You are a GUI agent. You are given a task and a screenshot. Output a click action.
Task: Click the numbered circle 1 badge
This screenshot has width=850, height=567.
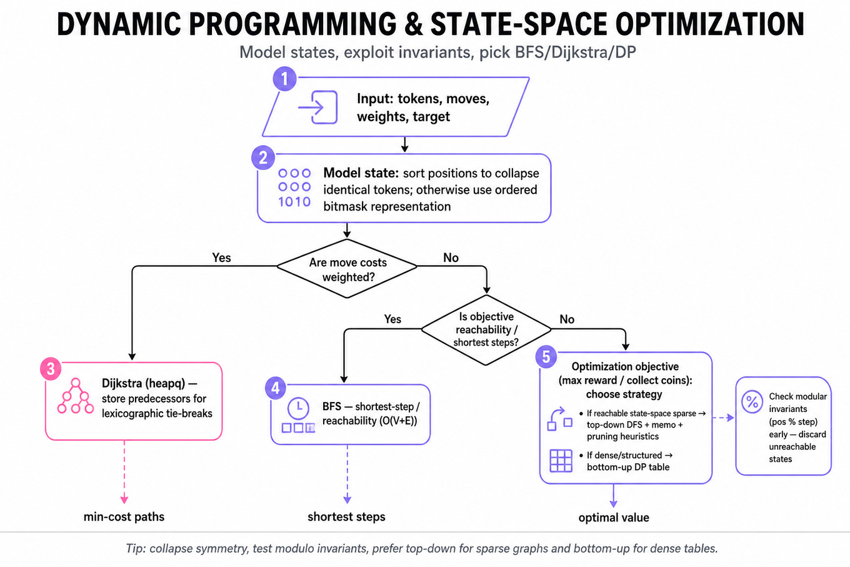284,79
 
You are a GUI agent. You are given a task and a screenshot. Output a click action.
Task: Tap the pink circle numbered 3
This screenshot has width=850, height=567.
51,368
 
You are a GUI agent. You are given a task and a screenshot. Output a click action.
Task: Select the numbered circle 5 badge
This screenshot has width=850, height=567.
546,357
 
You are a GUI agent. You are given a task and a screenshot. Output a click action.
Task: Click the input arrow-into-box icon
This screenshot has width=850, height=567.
318,108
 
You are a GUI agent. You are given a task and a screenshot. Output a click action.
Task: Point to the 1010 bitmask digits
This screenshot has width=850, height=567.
294,202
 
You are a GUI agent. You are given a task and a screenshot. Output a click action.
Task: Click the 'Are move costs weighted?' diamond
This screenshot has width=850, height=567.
347,268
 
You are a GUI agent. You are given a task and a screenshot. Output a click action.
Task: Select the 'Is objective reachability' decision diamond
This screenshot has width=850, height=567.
486,329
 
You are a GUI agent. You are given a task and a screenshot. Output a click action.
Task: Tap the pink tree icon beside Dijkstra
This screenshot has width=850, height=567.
76,396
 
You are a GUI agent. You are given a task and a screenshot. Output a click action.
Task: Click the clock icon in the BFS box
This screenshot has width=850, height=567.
298,408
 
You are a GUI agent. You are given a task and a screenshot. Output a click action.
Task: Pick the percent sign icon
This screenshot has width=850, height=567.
752,401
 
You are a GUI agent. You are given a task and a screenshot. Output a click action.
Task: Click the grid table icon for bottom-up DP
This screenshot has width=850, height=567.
561,461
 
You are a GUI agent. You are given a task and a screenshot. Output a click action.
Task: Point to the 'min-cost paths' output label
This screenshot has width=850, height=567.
124,517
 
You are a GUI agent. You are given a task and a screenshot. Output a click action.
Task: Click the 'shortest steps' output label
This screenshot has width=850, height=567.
346,517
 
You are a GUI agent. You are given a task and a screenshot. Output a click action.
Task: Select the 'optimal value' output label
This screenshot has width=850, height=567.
614,518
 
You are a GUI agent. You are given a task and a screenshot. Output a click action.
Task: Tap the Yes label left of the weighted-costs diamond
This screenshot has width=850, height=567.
221,258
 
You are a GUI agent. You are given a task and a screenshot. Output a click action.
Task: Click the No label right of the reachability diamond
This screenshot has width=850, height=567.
567,319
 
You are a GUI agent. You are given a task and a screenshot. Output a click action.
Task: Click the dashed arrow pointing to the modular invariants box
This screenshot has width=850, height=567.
723,418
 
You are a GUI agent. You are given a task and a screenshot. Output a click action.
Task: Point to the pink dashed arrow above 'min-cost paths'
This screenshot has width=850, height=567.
124,472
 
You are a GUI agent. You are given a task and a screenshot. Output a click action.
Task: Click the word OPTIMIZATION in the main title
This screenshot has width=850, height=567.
709,24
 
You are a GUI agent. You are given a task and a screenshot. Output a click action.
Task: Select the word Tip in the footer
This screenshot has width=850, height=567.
134,549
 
